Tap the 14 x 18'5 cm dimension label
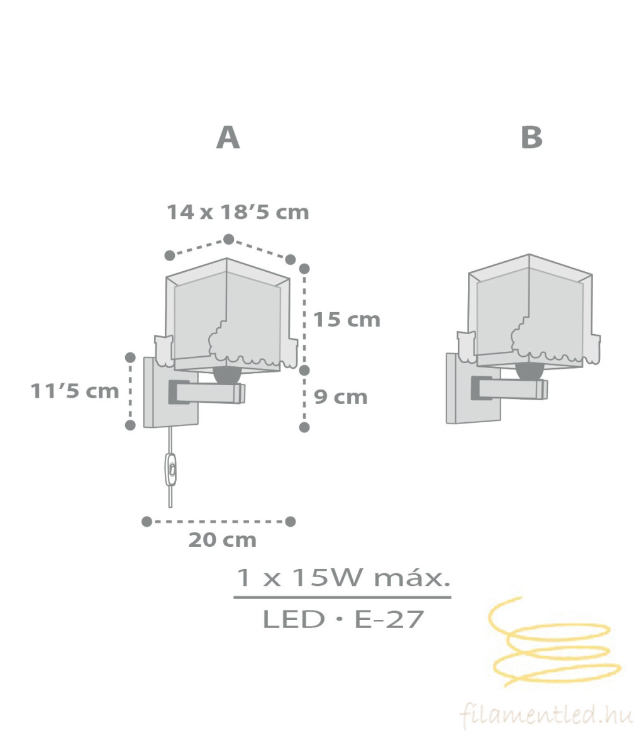[x=238, y=212]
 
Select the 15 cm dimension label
[x=347, y=320]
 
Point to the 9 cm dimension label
[x=341, y=397]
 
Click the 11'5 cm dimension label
[x=75, y=391]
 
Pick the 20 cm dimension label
[x=223, y=540]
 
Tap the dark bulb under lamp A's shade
[x=228, y=374]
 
